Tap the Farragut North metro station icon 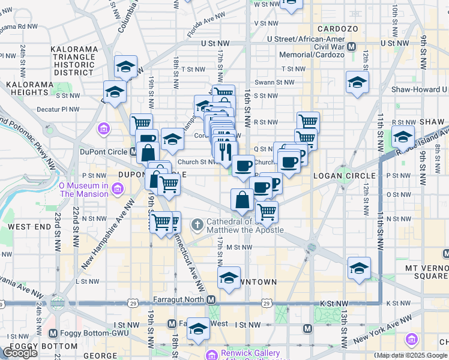pos(211,299)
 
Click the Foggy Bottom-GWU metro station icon pos(53,333)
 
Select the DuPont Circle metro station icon pos(133,152)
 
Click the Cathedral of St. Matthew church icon pos(197,225)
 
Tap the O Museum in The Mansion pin pos(117,190)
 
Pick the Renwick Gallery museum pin pos(211,355)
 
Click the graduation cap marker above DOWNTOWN pos(229,278)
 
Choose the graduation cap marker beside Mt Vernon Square pos(359,268)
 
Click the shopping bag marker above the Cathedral pos(242,200)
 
